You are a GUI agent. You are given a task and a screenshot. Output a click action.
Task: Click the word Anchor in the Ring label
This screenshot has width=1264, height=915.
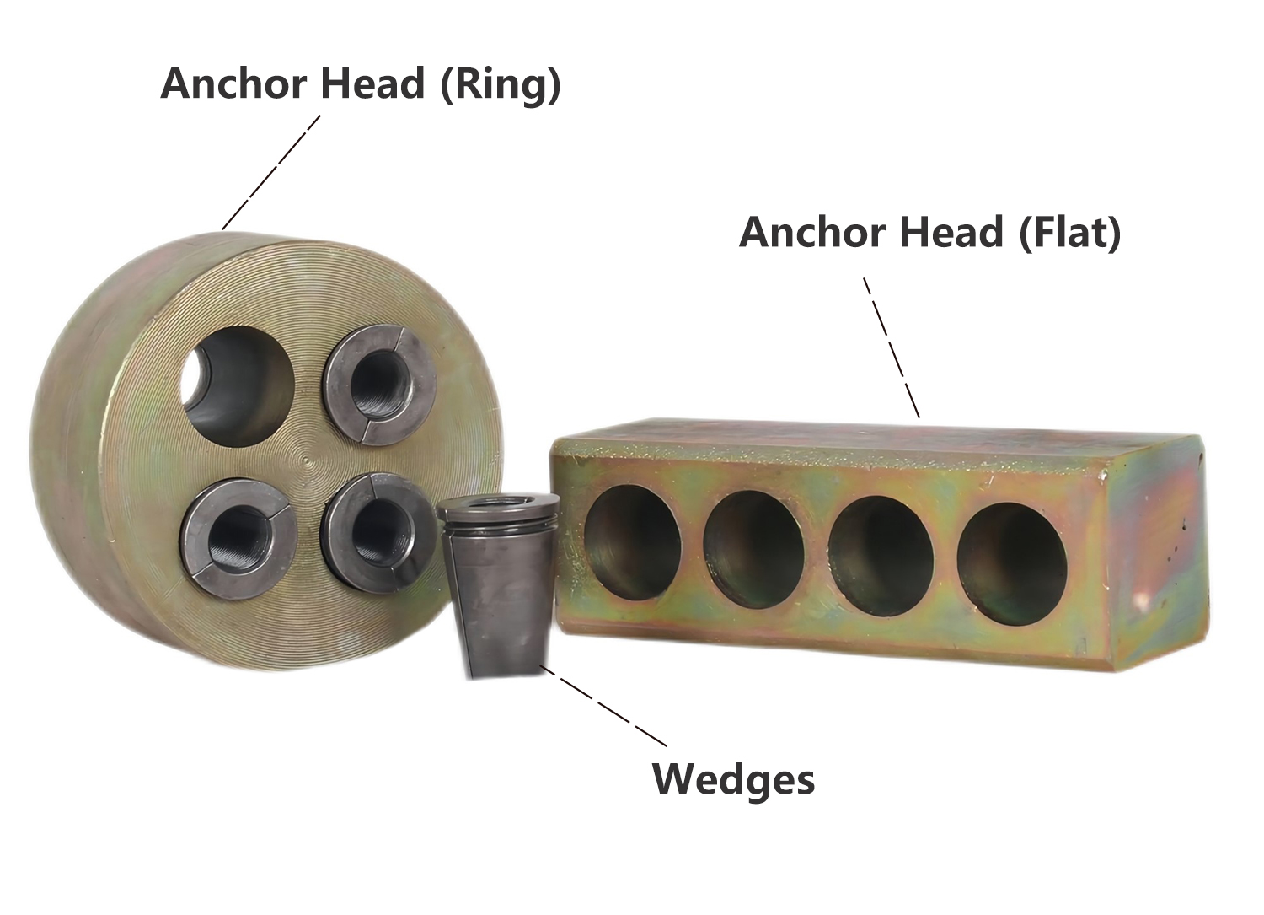235,83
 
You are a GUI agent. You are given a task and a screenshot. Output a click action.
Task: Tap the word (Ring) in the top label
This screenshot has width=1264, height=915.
501,85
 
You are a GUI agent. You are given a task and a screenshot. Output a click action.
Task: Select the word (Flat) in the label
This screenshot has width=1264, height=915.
1070,233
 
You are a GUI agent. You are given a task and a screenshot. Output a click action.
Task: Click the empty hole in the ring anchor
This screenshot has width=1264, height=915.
237,386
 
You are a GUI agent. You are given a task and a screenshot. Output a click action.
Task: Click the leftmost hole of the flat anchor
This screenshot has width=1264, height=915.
632,542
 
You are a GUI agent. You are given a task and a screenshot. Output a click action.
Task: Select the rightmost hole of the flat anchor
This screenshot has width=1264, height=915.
1012,564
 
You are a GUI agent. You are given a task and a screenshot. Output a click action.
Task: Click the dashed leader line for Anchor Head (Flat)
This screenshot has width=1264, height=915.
892,347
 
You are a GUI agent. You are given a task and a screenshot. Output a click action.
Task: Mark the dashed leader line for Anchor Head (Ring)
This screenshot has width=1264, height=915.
271,172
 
